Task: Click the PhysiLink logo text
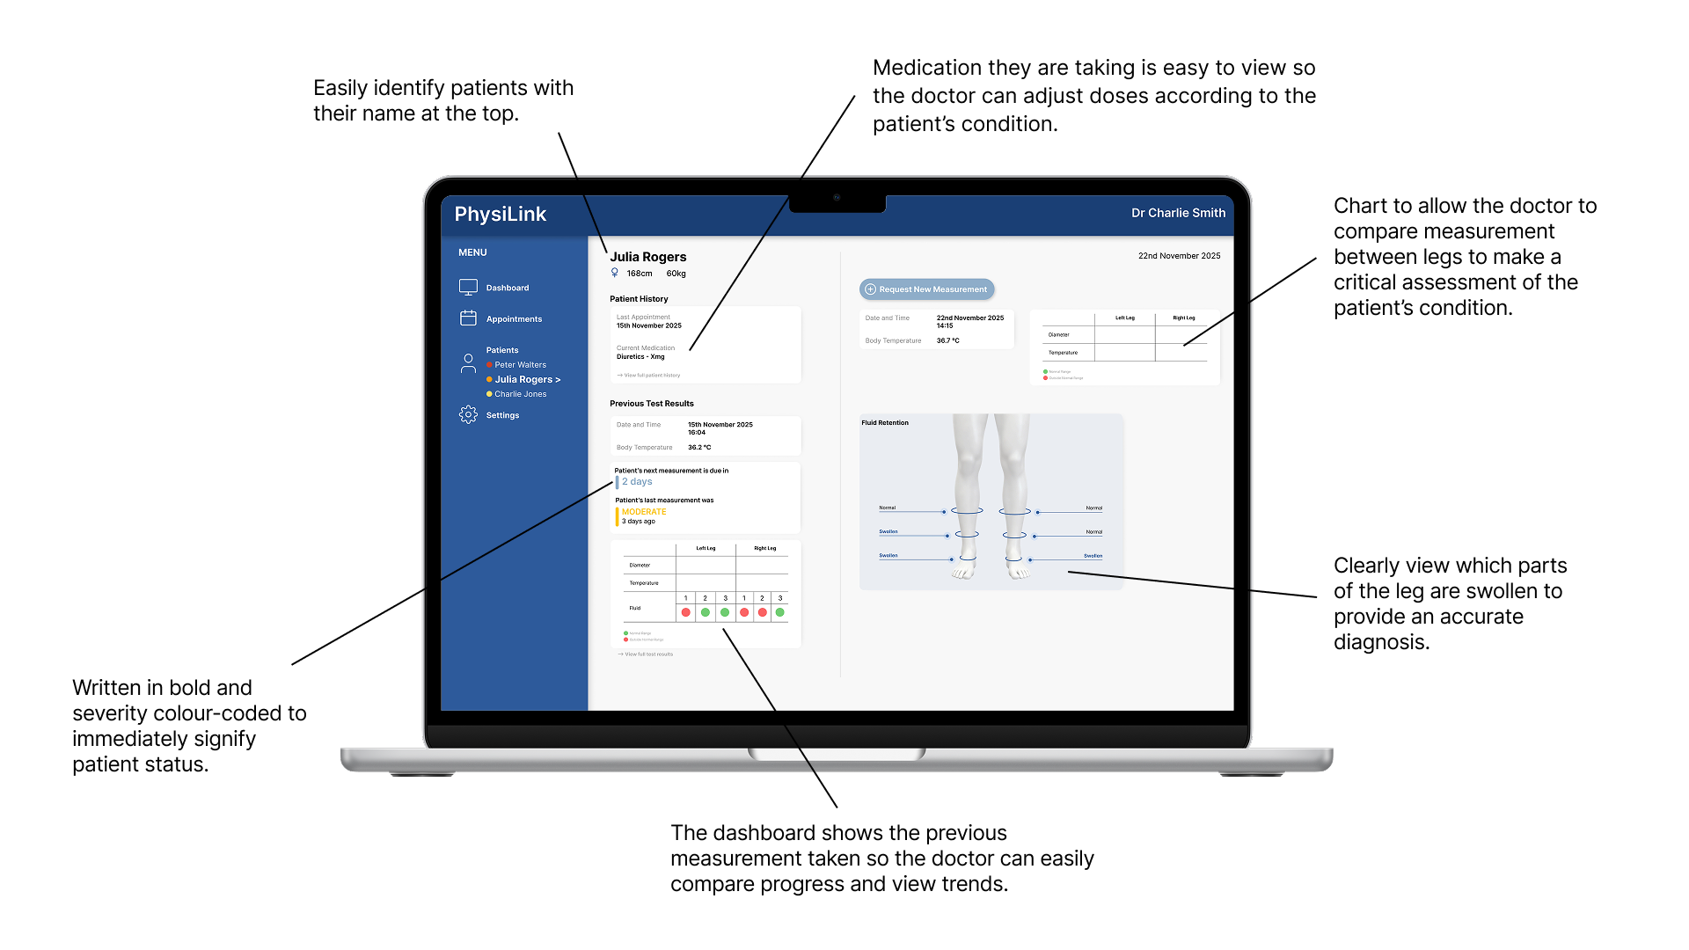(500, 215)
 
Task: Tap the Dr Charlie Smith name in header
(1178, 213)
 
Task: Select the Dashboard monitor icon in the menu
(468, 287)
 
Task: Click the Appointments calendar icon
(468, 318)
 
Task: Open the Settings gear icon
(468, 414)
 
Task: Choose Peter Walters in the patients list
(520, 365)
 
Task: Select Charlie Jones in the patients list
(520, 394)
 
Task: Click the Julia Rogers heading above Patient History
(648, 257)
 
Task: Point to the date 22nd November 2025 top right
(1179, 256)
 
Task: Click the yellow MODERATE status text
(644, 512)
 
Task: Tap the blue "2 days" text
(637, 482)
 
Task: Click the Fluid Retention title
(885, 423)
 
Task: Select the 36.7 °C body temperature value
(947, 340)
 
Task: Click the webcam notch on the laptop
(837, 198)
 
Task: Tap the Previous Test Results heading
(652, 404)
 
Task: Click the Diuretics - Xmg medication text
(640, 357)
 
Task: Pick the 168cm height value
(640, 274)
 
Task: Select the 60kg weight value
(676, 274)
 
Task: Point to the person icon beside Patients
(468, 363)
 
